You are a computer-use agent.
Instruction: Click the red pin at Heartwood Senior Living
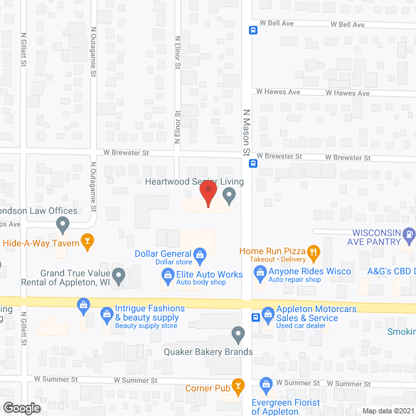[207, 194]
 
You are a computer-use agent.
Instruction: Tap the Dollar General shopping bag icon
[200, 253]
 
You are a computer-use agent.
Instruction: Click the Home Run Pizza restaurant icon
[313, 251]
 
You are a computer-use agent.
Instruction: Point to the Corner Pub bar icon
[238, 387]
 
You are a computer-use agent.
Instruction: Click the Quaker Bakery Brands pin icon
[238, 335]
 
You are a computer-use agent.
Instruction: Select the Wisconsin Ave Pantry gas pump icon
[409, 234]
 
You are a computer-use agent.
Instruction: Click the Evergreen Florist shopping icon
[265, 385]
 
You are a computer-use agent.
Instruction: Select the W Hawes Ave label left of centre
[278, 92]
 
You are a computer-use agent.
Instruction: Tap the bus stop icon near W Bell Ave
[253, 29]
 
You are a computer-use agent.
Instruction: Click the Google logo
[21, 408]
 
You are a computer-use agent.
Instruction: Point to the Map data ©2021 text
[388, 410]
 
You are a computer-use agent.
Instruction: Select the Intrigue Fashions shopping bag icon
[107, 315]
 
